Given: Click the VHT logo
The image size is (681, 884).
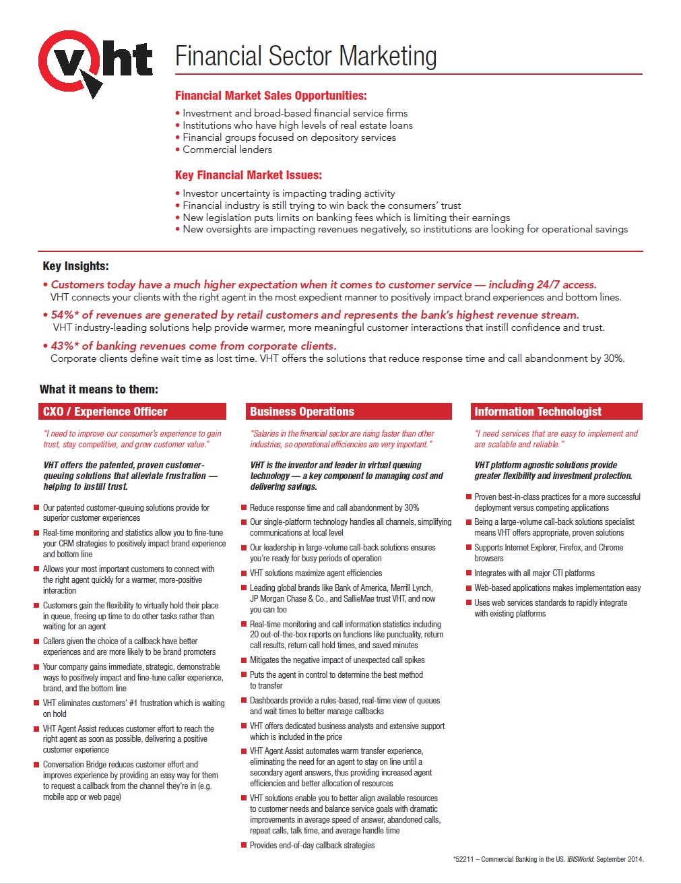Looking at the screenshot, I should (94, 62).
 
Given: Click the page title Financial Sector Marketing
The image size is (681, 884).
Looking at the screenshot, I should (306, 56).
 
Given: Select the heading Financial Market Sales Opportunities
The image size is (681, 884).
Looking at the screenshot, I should (271, 96).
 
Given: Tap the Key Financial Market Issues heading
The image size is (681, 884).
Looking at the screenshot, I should (249, 175).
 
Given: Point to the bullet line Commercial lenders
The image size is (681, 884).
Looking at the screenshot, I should (227, 150).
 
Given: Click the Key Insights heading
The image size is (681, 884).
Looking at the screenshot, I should (75, 266).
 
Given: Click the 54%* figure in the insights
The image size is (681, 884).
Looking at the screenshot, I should (65, 315).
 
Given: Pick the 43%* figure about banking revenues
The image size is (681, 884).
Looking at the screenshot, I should (65, 346).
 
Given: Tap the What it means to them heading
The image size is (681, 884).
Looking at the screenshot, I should (99, 389).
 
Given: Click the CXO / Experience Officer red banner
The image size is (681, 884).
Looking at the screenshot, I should (132, 412).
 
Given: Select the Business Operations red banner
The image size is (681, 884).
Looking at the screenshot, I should (348, 412).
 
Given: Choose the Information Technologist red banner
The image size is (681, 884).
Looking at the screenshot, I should (556, 412).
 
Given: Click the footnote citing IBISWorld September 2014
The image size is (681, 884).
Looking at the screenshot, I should (548, 859).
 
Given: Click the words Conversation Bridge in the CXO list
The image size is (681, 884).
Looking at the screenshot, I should (75, 765).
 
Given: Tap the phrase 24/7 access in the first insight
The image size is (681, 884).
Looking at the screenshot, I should (566, 284).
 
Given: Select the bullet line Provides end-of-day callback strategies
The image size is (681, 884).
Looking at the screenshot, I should (312, 846).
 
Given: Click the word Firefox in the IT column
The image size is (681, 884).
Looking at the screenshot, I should (570, 548).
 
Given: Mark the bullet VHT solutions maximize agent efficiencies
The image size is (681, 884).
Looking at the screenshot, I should (315, 573).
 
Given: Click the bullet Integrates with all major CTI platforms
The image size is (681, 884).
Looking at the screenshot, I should (534, 573).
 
